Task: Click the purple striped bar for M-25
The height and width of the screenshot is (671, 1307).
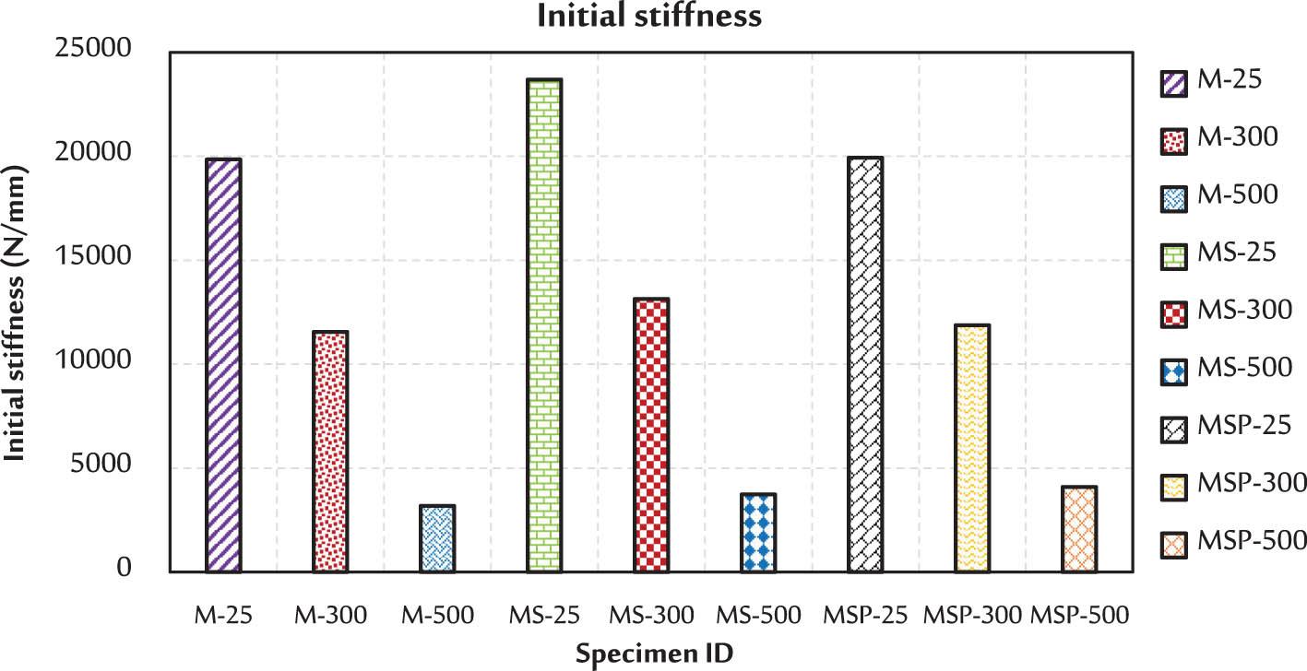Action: (223, 365)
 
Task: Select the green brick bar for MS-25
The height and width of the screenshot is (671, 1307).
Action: (544, 325)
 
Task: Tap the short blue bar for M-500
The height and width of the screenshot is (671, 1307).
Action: (437, 539)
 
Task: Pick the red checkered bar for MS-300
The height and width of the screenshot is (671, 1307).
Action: (651, 435)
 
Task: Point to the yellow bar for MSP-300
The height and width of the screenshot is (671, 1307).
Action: (972, 448)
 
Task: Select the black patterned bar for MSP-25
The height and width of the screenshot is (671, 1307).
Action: (865, 365)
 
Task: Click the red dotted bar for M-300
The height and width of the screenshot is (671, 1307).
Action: (330, 452)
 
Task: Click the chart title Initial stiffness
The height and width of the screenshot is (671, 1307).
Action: (653, 16)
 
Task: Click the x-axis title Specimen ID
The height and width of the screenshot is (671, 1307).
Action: (654, 653)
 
